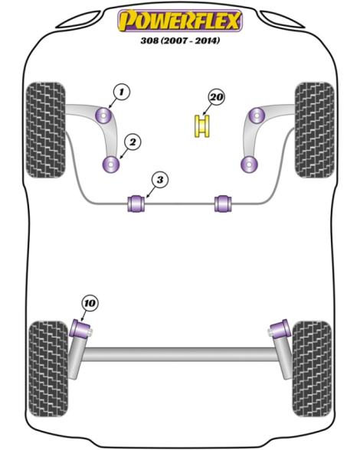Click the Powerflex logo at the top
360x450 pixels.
click(x=180, y=21)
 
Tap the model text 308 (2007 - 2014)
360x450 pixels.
click(x=180, y=41)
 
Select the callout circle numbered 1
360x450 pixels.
click(x=122, y=92)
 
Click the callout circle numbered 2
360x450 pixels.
click(x=133, y=142)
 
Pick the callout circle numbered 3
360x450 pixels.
click(x=160, y=180)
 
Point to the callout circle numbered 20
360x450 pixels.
click(x=216, y=97)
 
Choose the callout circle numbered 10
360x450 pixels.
click(x=90, y=303)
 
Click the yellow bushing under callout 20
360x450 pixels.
click(x=202, y=126)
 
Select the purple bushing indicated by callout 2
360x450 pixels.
click(x=111, y=164)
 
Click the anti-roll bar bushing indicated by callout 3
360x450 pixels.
click(x=136, y=204)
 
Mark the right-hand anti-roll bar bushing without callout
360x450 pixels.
click(x=223, y=204)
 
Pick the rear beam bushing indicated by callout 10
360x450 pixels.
click(x=81, y=329)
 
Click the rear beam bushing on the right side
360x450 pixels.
click(x=280, y=329)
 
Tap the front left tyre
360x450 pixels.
click(x=46, y=130)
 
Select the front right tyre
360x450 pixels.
click(x=315, y=130)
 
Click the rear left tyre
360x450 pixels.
click(x=49, y=369)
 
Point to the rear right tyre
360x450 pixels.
click(x=312, y=369)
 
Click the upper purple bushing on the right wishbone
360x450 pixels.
click(x=257, y=116)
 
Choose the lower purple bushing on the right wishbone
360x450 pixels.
click(x=249, y=164)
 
